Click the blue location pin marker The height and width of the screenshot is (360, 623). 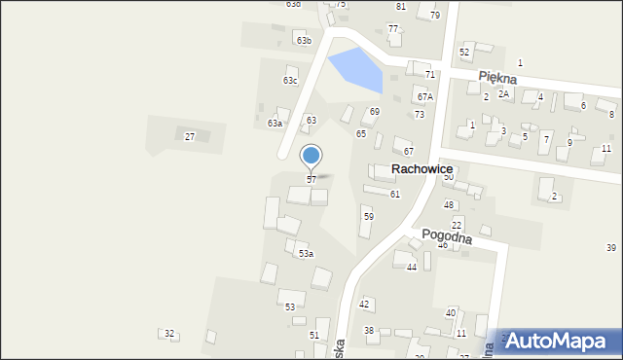[311, 156]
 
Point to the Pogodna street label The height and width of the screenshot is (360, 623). [446, 236]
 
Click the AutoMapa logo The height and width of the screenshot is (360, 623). [559, 340]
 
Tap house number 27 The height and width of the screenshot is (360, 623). [190, 136]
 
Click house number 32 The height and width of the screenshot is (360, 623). [169, 334]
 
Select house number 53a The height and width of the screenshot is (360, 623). [306, 254]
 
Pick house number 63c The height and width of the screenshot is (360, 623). [290, 81]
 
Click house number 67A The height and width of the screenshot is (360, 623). [424, 97]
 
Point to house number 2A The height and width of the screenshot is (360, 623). [503, 93]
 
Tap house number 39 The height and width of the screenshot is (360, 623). [611, 248]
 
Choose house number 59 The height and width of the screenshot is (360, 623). [368, 216]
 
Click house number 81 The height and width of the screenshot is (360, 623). [400, 7]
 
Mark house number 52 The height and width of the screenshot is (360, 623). [464, 52]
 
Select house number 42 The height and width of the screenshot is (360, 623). [364, 305]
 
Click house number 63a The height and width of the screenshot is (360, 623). [275, 124]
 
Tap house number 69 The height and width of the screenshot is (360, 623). [374, 112]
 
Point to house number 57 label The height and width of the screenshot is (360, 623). [311, 180]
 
